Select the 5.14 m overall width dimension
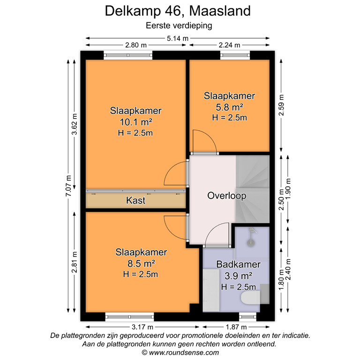[x=178, y=38]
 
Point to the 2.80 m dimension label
[x=136, y=45]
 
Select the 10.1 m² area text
[x=136, y=122]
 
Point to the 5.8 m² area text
[x=229, y=107]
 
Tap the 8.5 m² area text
[x=141, y=263]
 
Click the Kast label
[x=136, y=201]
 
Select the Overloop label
[x=227, y=196]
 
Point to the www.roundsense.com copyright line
[x=180, y=352]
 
